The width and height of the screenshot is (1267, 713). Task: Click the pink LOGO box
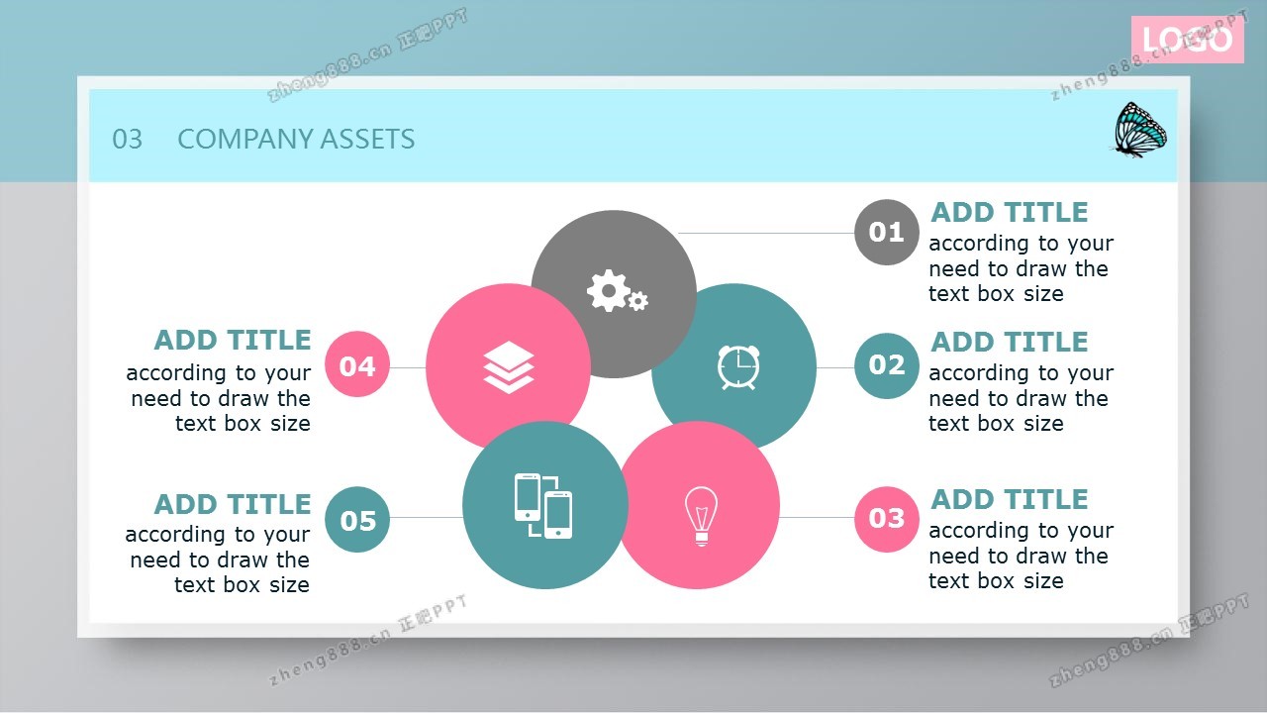1187,39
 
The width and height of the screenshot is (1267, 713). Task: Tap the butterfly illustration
1139,130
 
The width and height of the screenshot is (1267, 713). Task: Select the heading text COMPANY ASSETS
296,140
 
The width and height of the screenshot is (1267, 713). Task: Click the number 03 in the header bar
128,140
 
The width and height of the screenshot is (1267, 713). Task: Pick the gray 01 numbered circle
886,232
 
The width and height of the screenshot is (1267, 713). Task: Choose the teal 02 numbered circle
886,365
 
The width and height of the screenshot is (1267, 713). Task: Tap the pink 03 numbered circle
886,519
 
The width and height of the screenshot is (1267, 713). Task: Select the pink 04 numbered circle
357,363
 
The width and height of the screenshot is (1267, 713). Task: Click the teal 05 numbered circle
357,520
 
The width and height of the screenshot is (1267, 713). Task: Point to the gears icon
617,291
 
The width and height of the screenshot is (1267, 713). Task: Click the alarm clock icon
738,367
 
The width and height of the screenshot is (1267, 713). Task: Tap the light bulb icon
702,516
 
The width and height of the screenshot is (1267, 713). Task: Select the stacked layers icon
509,367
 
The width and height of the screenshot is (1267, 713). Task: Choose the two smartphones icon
543,505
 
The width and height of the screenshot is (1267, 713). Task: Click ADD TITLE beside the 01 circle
1009,213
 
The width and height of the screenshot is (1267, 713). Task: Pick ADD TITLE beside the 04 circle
233,341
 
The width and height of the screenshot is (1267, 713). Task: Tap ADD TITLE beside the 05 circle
233,505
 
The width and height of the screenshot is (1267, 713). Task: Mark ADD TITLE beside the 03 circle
1009,500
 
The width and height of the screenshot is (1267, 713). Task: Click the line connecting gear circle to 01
766,233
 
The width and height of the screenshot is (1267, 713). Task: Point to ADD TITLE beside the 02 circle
1009,343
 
